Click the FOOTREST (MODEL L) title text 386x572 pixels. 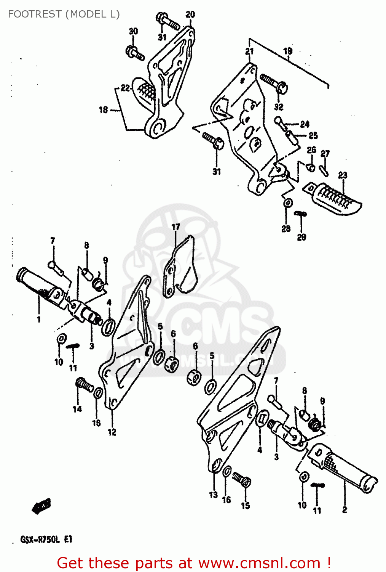coord(64,14)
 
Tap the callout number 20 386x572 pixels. coord(190,14)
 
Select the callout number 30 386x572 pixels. coord(133,31)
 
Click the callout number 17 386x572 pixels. coord(175,227)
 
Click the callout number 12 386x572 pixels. coord(112,432)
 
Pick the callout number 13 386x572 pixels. coord(213,495)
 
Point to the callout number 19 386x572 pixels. coord(288,51)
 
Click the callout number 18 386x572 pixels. coord(104,110)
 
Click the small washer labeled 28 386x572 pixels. coord(288,203)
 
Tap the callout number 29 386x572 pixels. coord(301,237)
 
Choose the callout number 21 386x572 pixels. coord(249,51)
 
